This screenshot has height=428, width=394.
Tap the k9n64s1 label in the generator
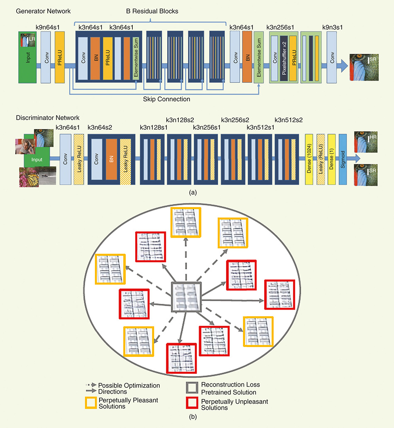[49, 28]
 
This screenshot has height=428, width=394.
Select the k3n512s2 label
[289, 120]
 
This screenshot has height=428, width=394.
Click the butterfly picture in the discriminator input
[29, 177]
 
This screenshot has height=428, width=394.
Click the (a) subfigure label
[192, 192]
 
